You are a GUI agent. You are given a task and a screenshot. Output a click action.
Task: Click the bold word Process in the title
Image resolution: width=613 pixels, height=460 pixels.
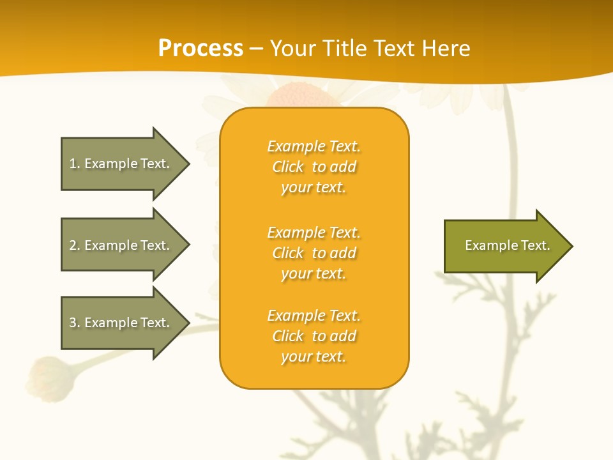pos(201,49)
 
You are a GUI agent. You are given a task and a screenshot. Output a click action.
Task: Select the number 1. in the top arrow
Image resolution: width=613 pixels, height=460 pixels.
pos(75,164)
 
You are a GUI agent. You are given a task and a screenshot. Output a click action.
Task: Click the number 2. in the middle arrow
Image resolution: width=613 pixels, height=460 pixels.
pos(75,245)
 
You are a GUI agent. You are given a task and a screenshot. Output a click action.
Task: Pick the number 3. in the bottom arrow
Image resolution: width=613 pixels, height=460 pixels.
pos(75,323)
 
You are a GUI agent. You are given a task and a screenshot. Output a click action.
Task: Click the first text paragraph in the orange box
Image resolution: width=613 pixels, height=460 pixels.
pos(314,167)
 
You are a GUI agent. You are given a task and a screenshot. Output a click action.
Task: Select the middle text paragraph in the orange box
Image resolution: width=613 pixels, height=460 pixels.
pos(314,253)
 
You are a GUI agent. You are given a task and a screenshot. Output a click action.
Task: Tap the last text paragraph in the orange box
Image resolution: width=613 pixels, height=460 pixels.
pos(314,336)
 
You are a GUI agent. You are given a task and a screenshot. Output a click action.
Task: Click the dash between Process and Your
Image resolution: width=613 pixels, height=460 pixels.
pos(256,49)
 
